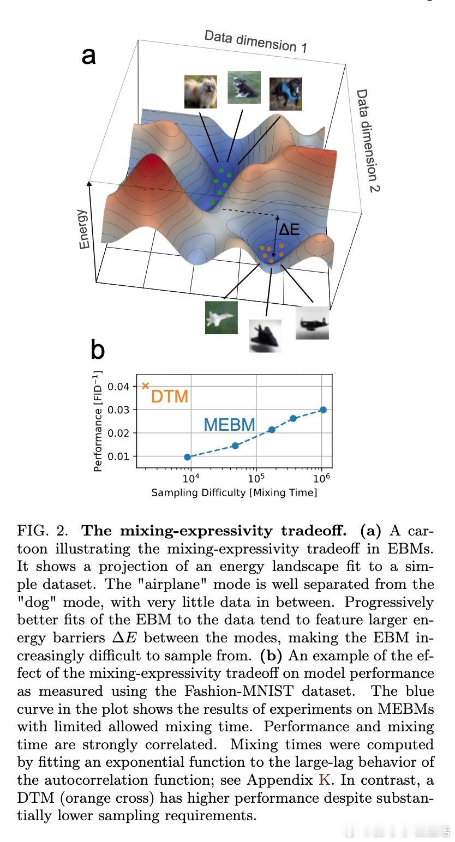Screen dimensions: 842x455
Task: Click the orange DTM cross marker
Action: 145,386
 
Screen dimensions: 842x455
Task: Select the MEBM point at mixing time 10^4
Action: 188,457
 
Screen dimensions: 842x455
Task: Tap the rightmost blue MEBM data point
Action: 323,410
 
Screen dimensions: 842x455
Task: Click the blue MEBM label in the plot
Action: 230,424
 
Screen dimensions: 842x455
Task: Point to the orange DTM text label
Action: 170,396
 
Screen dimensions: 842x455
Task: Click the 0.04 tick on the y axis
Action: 118,387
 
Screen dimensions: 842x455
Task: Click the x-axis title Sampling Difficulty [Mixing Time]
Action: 234,492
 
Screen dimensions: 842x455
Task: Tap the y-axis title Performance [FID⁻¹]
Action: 97,421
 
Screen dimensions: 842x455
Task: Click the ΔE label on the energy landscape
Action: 289,230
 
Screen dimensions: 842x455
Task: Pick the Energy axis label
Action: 83,229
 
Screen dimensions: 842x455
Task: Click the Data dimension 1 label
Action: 255,41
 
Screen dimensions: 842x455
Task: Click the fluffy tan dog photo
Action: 200,91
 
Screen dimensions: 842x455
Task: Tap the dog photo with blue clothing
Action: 285,93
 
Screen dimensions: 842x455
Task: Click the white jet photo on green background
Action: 221,317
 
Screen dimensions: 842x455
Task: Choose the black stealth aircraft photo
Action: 265,335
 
